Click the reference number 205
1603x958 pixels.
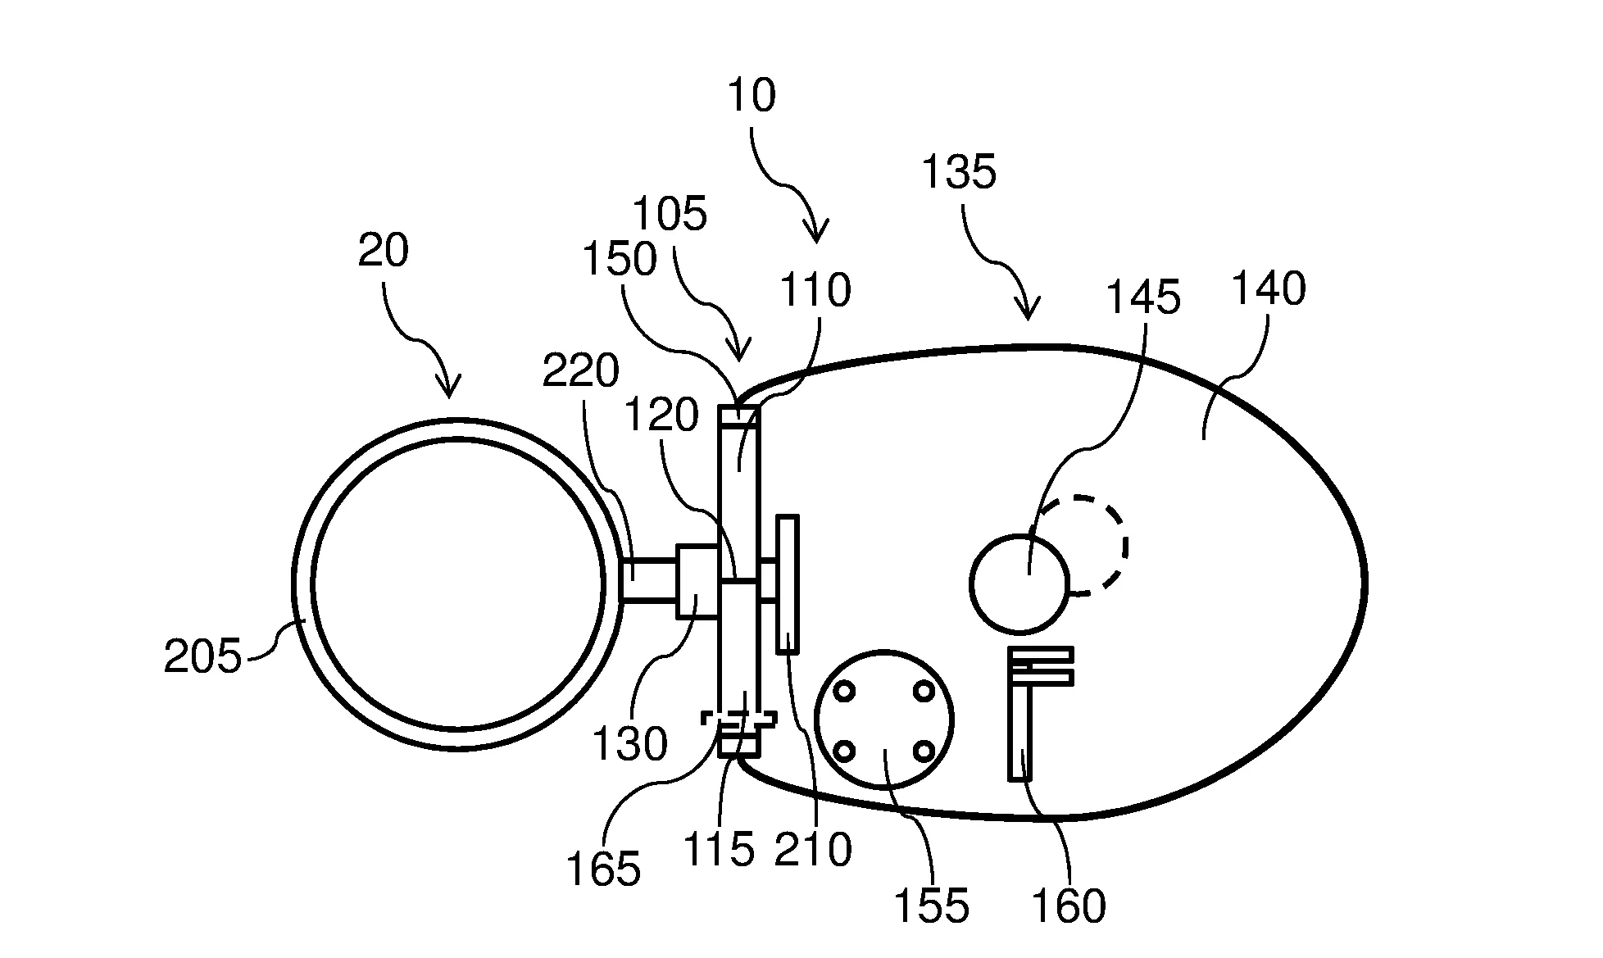tap(203, 656)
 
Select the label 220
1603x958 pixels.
tap(581, 371)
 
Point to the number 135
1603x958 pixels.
tap(959, 172)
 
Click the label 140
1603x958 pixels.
tap(1269, 288)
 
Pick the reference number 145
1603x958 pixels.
tap(1143, 297)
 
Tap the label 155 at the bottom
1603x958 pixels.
tap(931, 906)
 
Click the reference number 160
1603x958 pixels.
tap(1069, 906)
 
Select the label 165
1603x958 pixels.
tap(602, 869)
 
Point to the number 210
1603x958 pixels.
tap(814, 850)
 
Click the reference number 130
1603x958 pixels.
tap(629, 745)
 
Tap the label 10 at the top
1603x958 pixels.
tap(751, 95)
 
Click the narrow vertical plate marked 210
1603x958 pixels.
tap(787, 583)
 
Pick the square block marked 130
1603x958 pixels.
tap(697, 581)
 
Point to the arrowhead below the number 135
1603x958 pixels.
tap(1027, 310)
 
